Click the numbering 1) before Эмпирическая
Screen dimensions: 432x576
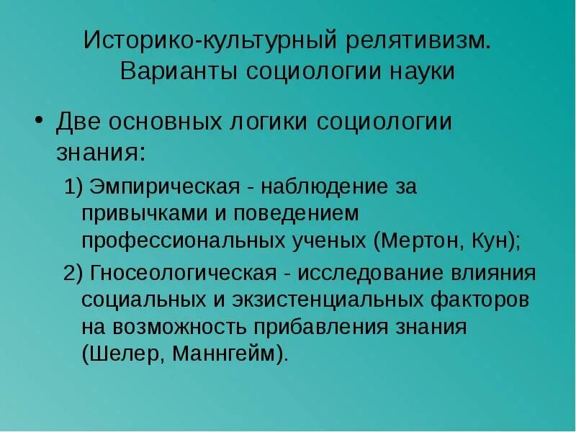point(73,187)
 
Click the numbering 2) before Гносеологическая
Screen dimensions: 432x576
point(73,274)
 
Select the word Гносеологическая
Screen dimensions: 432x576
point(183,274)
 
